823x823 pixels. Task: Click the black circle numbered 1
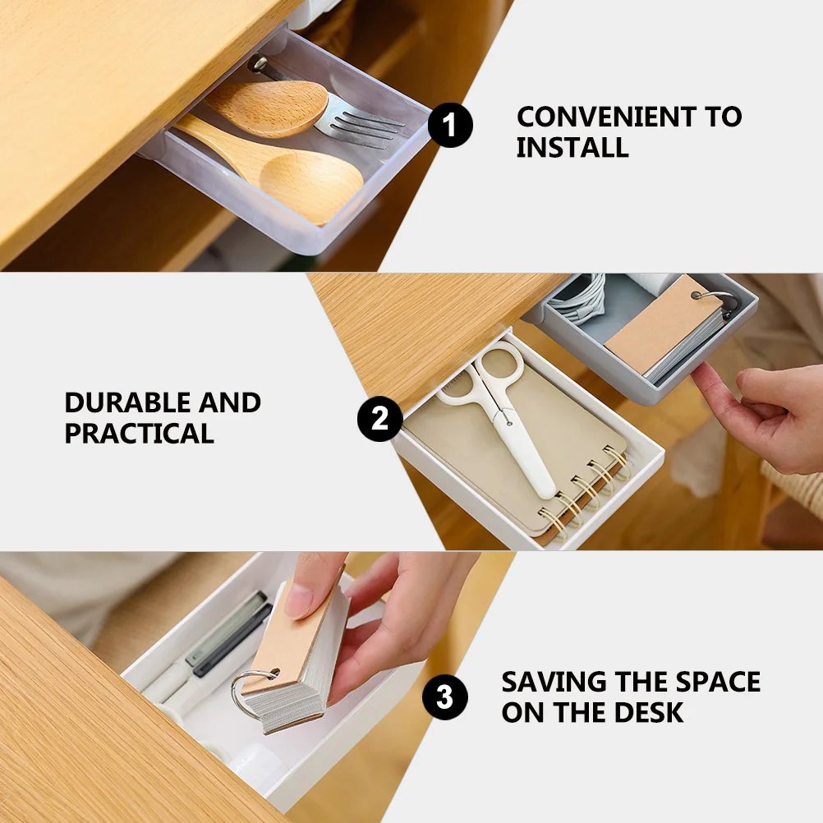pos(450,126)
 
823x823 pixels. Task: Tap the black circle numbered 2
pos(379,420)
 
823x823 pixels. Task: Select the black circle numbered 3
pos(444,698)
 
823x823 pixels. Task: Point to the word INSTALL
pos(572,148)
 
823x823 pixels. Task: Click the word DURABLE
pos(123,403)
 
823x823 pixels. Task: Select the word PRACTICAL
pos(139,434)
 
